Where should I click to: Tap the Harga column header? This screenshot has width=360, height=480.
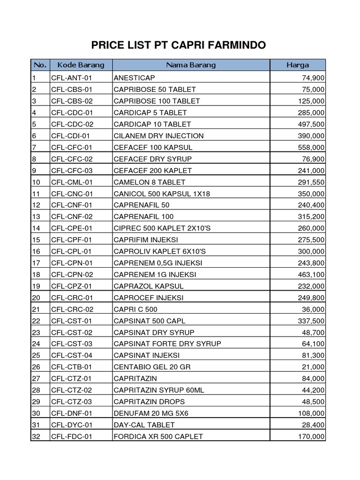[x=298, y=65]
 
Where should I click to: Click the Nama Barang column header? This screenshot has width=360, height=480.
[x=191, y=65]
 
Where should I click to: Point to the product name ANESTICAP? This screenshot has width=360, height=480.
[x=134, y=78]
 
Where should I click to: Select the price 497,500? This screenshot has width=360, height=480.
[x=311, y=124]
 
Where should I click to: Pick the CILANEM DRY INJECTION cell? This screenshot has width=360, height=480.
[x=158, y=136]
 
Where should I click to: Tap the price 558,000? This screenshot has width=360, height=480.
[x=311, y=147]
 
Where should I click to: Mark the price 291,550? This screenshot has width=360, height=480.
[x=311, y=182]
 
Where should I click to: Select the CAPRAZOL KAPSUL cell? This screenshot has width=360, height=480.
[x=149, y=286]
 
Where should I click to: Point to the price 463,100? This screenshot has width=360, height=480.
[x=311, y=274]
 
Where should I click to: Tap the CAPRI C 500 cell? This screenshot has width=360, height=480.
[x=135, y=309]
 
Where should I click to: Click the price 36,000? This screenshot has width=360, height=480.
[x=313, y=309]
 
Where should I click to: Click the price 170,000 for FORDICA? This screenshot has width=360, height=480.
[x=311, y=436]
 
